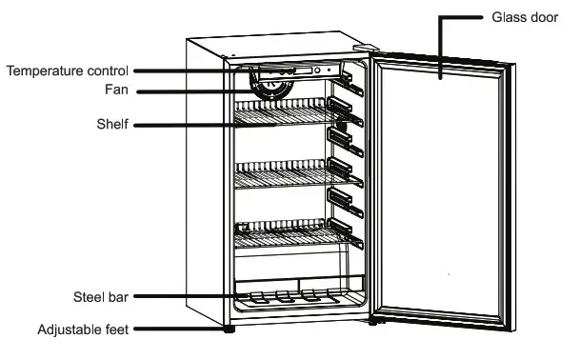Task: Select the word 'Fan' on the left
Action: pos(118,91)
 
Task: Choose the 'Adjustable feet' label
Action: pos(84,330)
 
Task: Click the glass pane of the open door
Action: pos(443,190)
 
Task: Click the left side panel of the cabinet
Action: pos(204,190)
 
